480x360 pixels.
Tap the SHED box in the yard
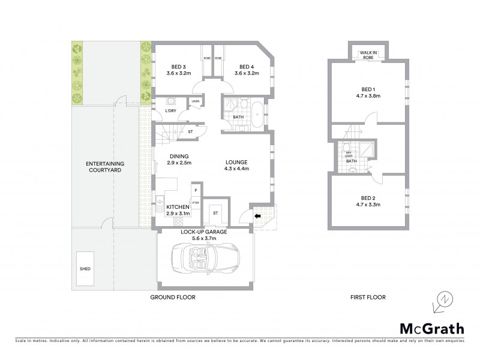point(85,269)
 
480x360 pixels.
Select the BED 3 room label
point(178,67)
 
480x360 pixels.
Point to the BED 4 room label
point(246,67)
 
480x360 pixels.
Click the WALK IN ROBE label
point(367,56)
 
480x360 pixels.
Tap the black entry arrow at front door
point(257,217)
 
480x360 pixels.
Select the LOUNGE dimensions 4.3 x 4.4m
point(236,169)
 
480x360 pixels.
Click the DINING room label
point(179,157)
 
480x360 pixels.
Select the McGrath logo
point(431,328)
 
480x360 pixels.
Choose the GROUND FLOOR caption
point(174,297)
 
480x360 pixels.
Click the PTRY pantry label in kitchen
point(196,203)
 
